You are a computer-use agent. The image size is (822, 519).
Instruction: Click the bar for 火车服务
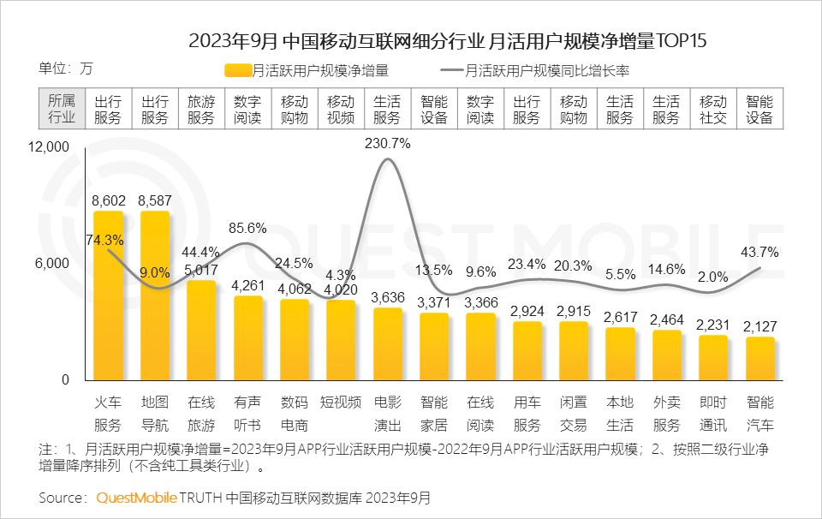coord(108,295)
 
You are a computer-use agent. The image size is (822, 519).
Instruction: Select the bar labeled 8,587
coord(154,295)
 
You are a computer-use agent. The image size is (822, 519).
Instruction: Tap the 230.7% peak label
coord(387,144)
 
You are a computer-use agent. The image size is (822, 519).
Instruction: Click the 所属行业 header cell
coord(61,110)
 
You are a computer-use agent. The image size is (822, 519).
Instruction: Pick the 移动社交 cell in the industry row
coord(712,110)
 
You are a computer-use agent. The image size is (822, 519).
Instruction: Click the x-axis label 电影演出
coord(387,413)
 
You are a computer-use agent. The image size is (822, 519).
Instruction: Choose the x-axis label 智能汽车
coord(759,413)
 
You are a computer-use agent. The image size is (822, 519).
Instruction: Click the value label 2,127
coord(759,325)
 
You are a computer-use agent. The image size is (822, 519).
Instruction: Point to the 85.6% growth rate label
coord(248,229)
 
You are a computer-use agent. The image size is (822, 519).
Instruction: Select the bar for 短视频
coord(341,340)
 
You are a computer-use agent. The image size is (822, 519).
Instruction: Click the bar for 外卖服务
coord(666,355)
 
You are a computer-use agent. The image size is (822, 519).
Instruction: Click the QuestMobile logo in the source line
coord(137,497)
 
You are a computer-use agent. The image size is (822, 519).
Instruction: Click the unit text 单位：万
coord(65,69)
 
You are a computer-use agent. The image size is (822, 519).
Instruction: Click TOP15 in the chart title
coord(682,39)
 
